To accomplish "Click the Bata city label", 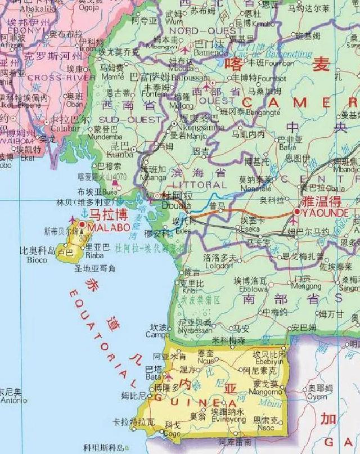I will pyautogui.click(x=153, y=377).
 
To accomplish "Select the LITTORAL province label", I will pyautogui.click(x=199, y=185).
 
